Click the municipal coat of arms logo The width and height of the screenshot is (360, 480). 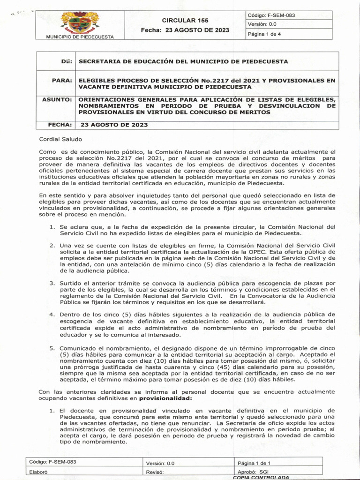point(81,22)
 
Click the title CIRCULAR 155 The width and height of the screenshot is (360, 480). point(185,21)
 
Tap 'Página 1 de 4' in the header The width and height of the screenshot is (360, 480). point(264,34)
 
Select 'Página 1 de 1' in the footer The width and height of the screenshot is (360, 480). point(257,463)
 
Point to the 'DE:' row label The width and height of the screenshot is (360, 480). point(66,61)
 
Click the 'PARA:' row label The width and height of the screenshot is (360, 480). point(61,81)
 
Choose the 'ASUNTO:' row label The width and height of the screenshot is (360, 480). point(57,100)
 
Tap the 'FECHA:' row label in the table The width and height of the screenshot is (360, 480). point(60,125)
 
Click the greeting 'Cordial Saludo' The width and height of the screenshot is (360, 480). point(60,139)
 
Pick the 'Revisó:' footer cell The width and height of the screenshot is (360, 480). point(155,472)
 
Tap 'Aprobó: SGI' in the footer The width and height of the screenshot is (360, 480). point(253,472)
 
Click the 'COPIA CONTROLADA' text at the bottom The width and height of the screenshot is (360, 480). point(261,477)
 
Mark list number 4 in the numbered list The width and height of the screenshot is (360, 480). point(52,314)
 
